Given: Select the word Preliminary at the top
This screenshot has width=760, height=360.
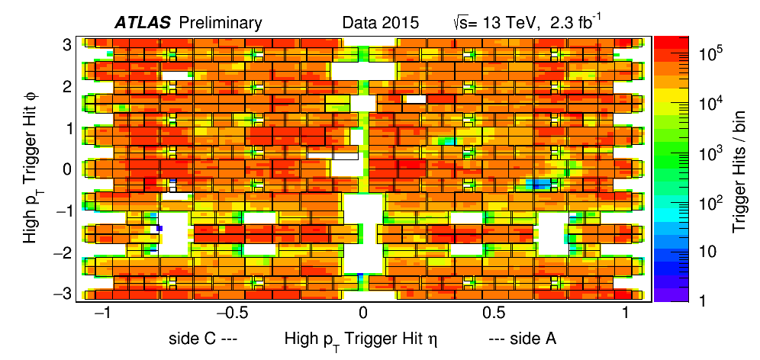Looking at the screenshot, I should [x=220, y=23].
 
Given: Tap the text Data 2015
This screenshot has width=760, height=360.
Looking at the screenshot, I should [x=380, y=23].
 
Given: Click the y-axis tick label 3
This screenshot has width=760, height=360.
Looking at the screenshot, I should [x=67, y=44].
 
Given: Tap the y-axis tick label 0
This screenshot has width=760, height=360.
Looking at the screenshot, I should [x=67, y=169].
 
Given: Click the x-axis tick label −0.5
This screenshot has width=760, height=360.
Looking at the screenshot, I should [x=230, y=313].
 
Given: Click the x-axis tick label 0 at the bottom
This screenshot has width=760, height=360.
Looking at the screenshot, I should [x=364, y=313].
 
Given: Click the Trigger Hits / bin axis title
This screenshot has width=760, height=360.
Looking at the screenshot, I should [x=741, y=169].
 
